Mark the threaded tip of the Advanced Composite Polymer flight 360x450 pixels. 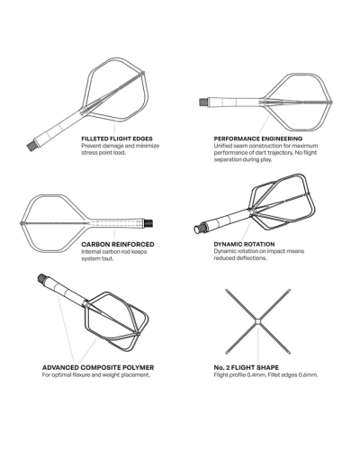[x=43, y=281]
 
